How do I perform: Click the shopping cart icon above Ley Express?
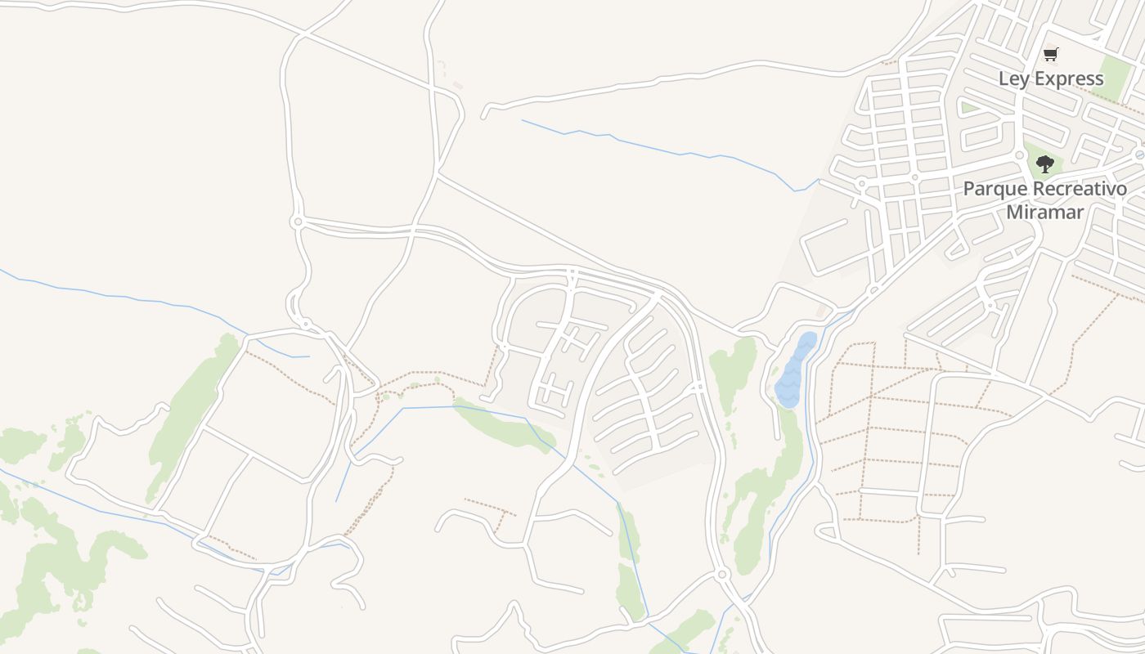[1051, 55]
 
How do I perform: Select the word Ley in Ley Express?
[1014, 78]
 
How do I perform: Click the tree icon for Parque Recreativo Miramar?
[1044, 163]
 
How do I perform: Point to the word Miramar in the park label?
[1044, 212]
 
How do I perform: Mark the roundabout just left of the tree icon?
[1020, 155]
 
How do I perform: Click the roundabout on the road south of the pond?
[721, 575]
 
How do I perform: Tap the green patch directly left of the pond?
[733, 368]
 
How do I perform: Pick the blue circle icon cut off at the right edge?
[1140, 154]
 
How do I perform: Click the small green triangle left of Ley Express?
[968, 107]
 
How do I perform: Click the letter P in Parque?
[969, 189]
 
